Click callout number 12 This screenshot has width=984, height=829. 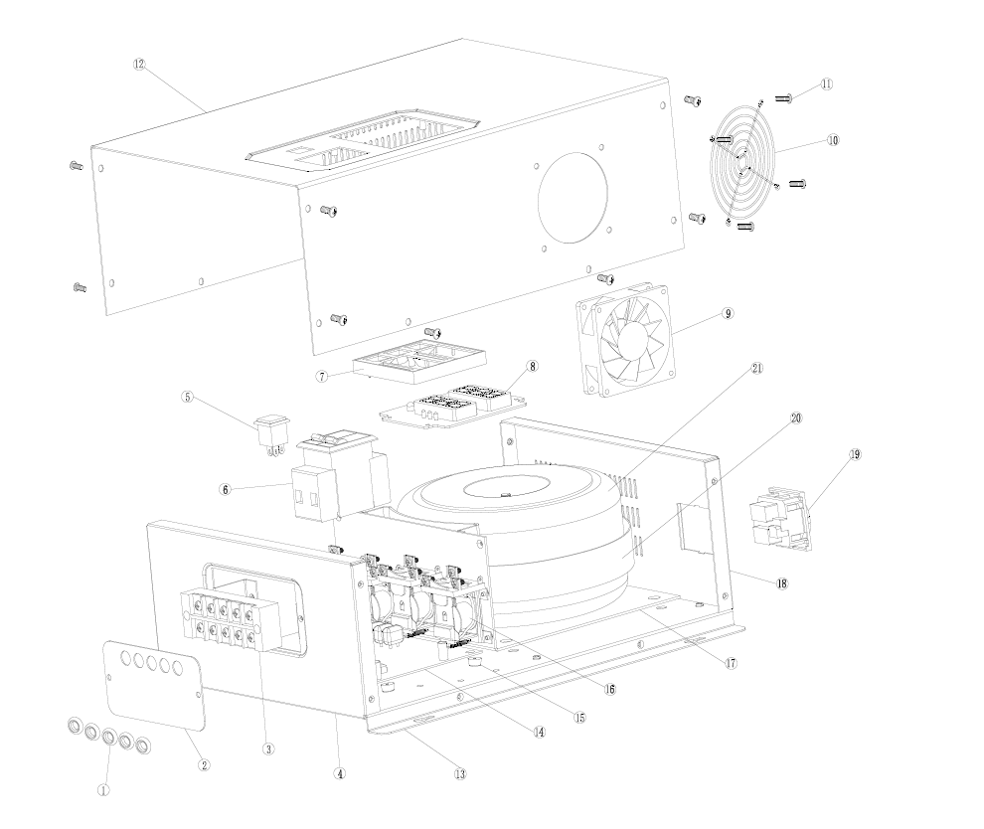coord(139,64)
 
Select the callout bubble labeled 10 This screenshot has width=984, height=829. coord(832,140)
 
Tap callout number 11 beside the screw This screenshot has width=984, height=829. coord(826,85)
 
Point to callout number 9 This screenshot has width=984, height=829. coord(728,313)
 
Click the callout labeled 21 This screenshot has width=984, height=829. coord(756,368)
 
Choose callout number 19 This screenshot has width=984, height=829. coord(855,454)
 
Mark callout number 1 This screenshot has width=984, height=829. coord(103,791)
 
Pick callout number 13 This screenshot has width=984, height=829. coord(459,773)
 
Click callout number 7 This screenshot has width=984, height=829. coord(321,377)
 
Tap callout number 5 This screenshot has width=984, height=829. coord(186,396)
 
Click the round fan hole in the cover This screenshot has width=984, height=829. coord(573,196)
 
